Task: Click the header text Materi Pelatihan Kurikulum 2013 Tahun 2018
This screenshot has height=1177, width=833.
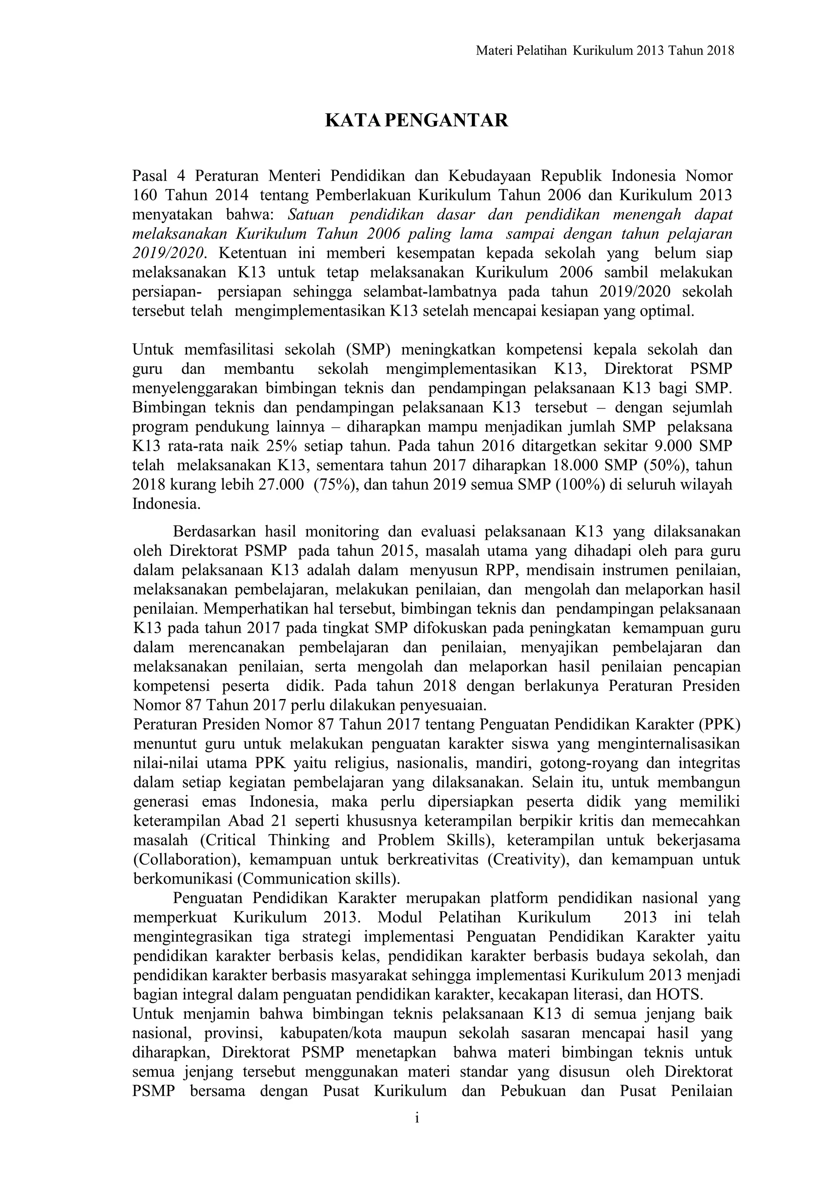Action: [605, 50]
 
